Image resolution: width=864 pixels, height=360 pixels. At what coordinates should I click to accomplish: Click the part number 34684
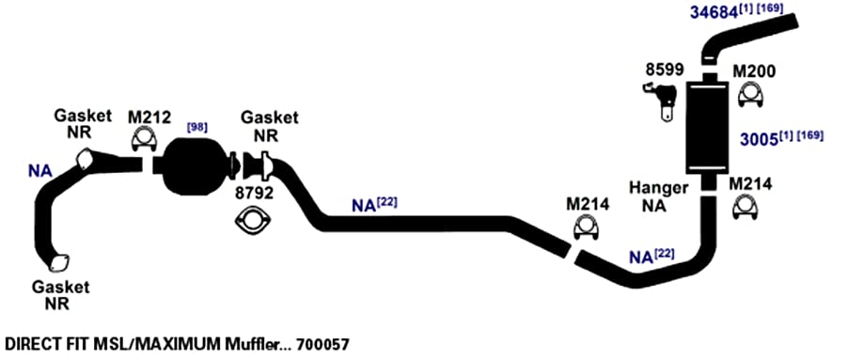714,12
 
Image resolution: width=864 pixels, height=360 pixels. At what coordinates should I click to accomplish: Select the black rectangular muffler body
708,127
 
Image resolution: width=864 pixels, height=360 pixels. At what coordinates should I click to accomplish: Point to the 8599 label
665,70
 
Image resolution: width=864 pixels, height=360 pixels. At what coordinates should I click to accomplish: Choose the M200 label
754,71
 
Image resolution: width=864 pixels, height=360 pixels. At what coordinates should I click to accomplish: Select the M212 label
149,117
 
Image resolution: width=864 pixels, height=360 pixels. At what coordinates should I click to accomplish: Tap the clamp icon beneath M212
145,140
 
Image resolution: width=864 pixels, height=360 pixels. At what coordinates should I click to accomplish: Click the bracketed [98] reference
197,127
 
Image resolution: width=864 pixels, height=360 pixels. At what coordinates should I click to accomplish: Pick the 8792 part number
254,194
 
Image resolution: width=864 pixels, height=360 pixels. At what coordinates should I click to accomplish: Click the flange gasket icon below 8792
253,221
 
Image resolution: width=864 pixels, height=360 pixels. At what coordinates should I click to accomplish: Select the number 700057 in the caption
322,345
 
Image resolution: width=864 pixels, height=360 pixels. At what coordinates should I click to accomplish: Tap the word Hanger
659,189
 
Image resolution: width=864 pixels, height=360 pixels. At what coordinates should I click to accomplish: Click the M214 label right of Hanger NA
750,184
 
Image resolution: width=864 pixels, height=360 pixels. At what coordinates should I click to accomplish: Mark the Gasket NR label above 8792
270,126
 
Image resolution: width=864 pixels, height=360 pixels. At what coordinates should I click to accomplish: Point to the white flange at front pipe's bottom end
59,263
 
